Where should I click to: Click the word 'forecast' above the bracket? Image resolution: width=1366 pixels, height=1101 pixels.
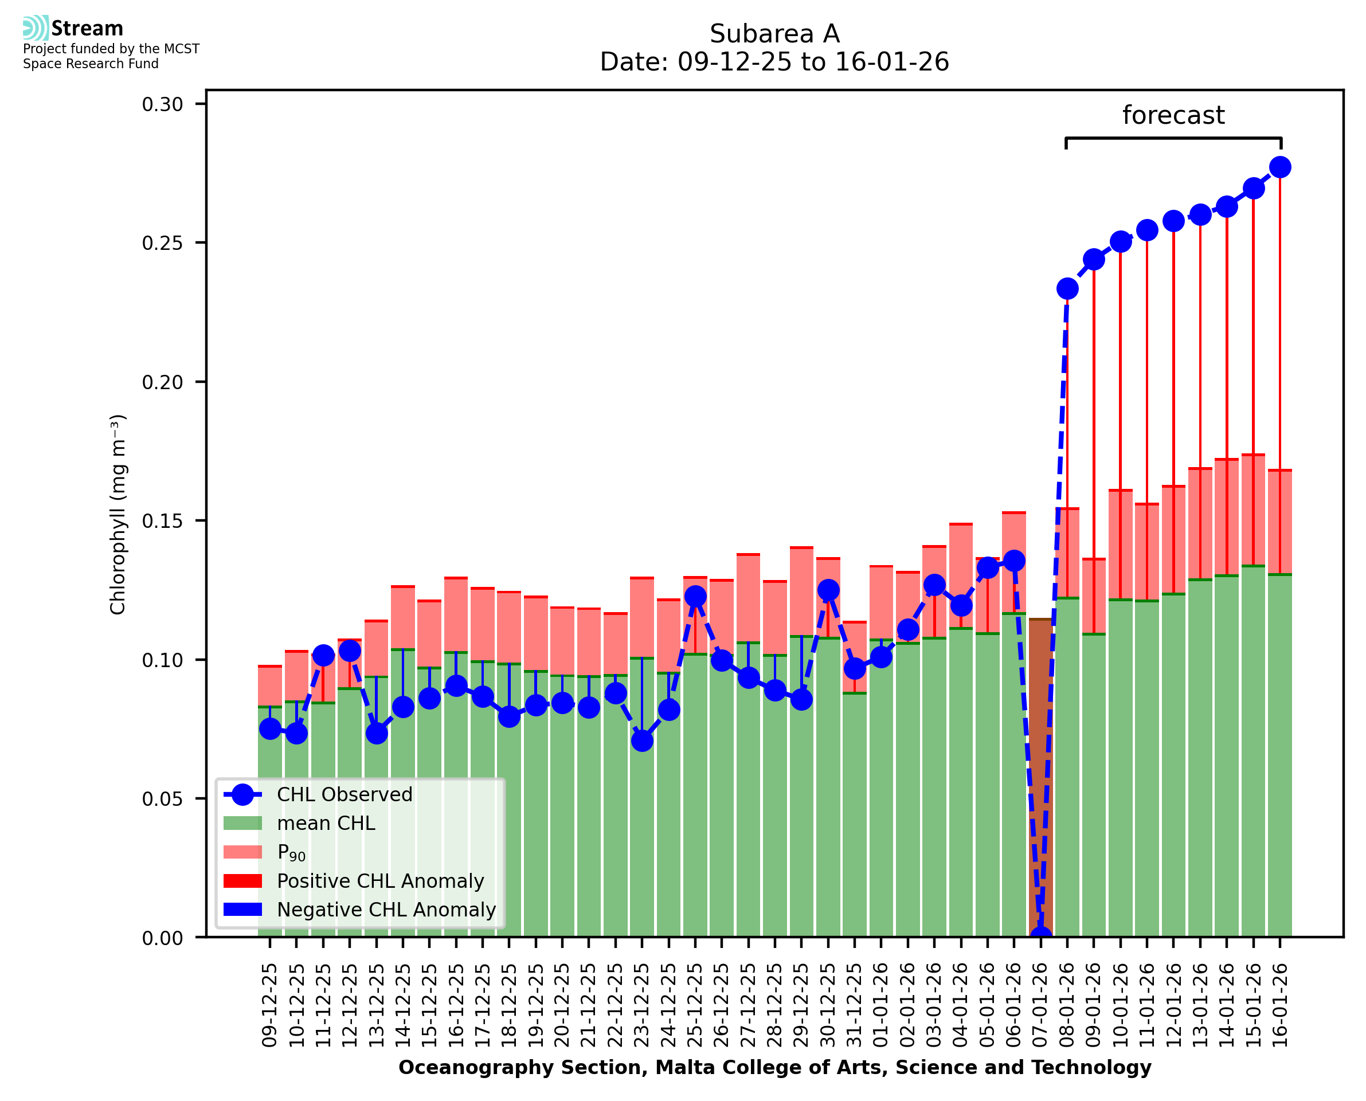(x=1173, y=115)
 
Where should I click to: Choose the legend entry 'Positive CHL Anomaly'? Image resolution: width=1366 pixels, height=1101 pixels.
(x=380, y=881)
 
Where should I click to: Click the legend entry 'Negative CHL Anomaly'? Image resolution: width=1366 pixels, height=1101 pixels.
(x=386, y=910)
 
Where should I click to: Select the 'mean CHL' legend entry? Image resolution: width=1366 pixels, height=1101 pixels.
(x=326, y=823)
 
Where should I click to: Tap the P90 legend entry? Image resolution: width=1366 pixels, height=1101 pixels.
(x=291, y=852)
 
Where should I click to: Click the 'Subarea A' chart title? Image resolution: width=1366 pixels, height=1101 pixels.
(x=774, y=34)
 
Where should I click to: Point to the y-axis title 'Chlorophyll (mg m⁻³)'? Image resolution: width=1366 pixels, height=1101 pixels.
(x=118, y=514)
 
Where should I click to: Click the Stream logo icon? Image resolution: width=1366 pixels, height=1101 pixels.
(x=36, y=28)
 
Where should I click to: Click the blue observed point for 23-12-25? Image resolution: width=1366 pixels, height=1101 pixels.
(x=642, y=740)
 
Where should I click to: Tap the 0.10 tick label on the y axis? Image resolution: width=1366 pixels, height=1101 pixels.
(x=162, y=660)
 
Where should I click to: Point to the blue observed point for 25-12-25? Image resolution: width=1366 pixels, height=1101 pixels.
(x=695, y=596)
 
